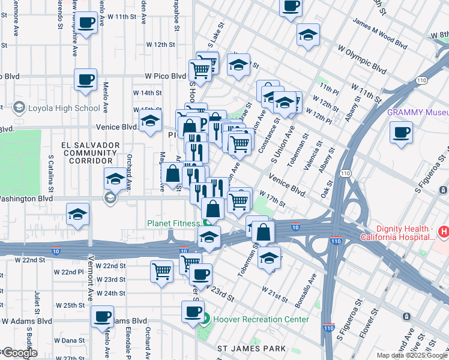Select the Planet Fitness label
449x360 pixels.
[173, 223]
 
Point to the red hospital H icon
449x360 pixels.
[443, 231]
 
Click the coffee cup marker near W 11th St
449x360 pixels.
[87, 23]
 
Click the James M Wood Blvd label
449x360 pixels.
[380, 37]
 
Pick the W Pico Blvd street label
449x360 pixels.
[165, 76]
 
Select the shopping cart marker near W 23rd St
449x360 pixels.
[161, 271]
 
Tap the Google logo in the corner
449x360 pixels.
[19, 353]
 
